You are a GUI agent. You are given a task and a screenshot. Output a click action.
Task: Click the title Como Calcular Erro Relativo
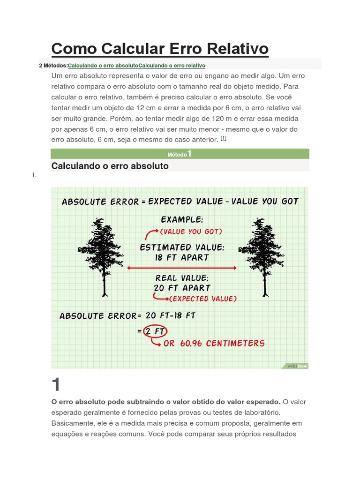[x=159, y=49]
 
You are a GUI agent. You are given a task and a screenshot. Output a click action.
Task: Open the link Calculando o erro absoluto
[x=103, y=65]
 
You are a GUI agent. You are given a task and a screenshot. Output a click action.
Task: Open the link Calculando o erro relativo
[x=172, y=65]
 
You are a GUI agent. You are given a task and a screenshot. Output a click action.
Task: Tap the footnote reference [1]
[x=224, y=138]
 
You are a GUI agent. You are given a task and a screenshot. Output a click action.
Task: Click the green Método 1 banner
[x=180, y=154]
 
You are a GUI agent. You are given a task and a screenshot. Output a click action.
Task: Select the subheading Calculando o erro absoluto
[x=110, y=166]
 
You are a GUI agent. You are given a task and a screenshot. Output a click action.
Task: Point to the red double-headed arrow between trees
[x=182, y=268]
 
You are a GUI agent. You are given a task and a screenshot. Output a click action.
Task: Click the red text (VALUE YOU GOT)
[x=191, y=232]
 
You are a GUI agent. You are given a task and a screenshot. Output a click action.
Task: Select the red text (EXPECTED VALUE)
[x=202, y=299]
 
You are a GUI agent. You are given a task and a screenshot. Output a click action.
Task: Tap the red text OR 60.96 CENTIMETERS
[x=214, y=343]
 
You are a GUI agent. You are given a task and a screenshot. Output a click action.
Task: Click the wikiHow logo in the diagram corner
[x=297, y=366]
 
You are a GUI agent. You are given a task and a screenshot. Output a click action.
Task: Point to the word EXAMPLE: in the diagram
[x=182, y=219]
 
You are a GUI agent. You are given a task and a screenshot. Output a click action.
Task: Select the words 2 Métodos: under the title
[x=53, y=65]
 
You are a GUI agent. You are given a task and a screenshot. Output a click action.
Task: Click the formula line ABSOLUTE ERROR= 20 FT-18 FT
[x=127, y=316]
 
